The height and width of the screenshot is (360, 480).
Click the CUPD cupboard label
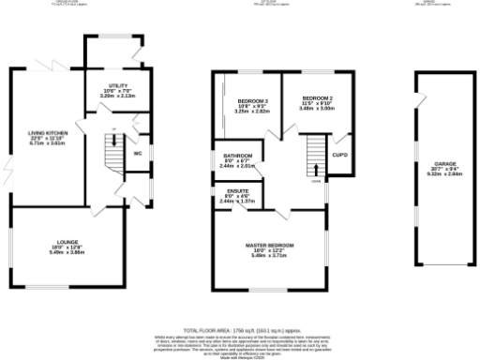(340, 155)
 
